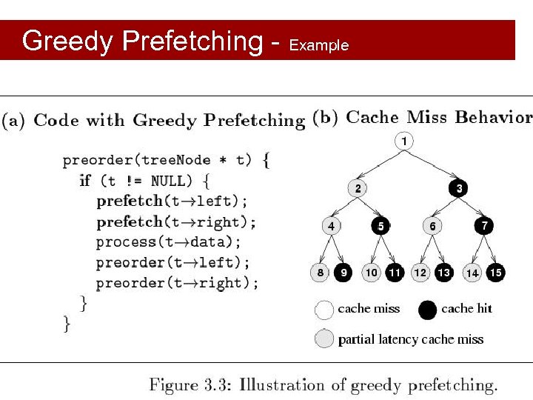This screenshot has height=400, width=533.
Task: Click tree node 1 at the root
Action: [403, 141]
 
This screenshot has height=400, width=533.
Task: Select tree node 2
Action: [358, 188]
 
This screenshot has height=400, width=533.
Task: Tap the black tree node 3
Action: [459, 188]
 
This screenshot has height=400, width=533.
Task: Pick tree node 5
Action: [381, 226]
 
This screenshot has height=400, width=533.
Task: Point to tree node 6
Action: [432, 226]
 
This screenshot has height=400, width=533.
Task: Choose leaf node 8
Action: [320, 273]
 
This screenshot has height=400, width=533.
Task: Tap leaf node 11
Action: [395, 273]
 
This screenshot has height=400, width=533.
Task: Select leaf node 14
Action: [472, 273]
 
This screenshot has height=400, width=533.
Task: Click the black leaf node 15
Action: [495, 273]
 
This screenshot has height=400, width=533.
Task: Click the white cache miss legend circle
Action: [324, 310]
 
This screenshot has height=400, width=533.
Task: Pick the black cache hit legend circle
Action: [428, 310]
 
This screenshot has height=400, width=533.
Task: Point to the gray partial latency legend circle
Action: [324, 339]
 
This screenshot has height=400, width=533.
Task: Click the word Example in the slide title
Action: [318, 45]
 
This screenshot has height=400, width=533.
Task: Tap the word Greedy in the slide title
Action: [67, 41]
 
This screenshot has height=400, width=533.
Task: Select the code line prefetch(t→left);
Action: [172, 201]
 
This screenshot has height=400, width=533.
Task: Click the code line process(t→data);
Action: [169, 241]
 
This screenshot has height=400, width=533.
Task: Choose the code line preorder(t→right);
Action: [178, 283]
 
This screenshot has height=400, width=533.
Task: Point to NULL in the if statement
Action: [170, 181]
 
